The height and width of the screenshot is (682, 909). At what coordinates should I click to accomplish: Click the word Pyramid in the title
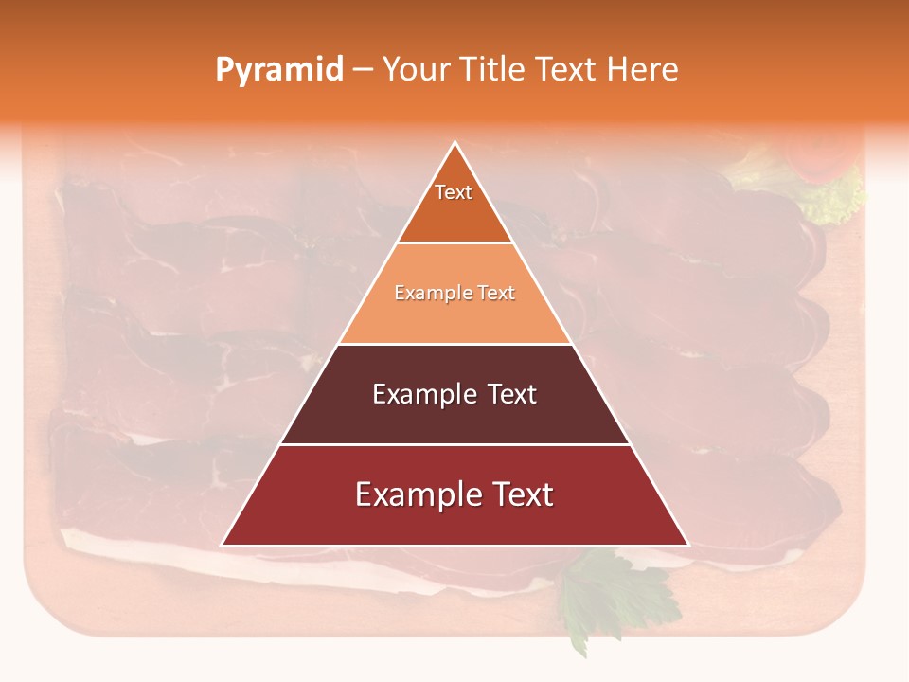279,70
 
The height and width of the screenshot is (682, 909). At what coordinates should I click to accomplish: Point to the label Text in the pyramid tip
454,192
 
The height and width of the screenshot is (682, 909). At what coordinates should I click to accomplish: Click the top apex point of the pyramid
455,142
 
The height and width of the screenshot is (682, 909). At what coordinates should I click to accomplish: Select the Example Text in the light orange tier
454,294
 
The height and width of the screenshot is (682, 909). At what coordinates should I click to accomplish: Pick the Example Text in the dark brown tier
454,394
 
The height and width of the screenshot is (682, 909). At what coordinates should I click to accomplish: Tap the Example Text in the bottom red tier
454,494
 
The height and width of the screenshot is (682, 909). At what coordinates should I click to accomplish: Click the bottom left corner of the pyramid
222,546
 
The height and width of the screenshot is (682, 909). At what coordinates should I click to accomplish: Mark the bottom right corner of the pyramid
688,546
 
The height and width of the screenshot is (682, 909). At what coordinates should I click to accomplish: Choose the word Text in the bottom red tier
522,494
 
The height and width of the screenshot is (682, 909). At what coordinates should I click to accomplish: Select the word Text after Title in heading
568,70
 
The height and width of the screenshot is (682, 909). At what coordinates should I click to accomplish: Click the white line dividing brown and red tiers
454,444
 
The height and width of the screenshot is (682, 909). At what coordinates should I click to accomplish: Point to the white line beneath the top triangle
454,243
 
